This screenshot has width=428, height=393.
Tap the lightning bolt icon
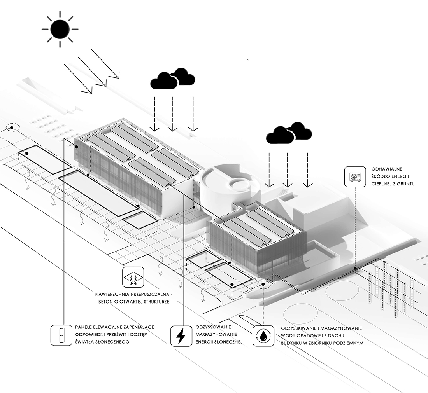coord(181,336)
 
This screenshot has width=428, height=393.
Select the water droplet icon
coord(263,336)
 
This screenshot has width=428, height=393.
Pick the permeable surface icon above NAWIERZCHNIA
coord(133,277)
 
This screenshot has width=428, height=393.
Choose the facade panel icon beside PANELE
coord(61,335)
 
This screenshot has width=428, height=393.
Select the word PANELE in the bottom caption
coord(83,327)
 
